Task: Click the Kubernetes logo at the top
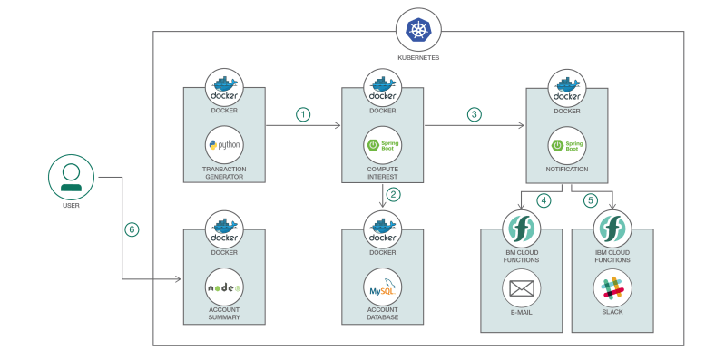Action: (x=417, y=31)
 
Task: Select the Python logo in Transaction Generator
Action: (x=224, y=145)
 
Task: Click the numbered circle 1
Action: (x=303, y=114)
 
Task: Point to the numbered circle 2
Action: (x=392, y=194)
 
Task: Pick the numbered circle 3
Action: (x=474, y=114)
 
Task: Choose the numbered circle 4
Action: (x=544, y=199)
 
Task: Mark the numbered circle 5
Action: (x=590, y=199)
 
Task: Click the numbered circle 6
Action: (x=132, y=230)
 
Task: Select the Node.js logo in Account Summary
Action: (x=224, y=287)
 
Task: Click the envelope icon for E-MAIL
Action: (x=521, y=288)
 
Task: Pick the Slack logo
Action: (x=612, y=288)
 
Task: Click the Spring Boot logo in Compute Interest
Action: (x=383, y=145)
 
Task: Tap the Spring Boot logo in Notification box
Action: (x=567, y=145)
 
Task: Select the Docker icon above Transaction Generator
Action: (x=224, y=88)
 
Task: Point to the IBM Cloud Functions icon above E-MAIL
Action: (x=521, y=229)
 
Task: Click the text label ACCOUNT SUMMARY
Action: (x=224, y=313)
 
